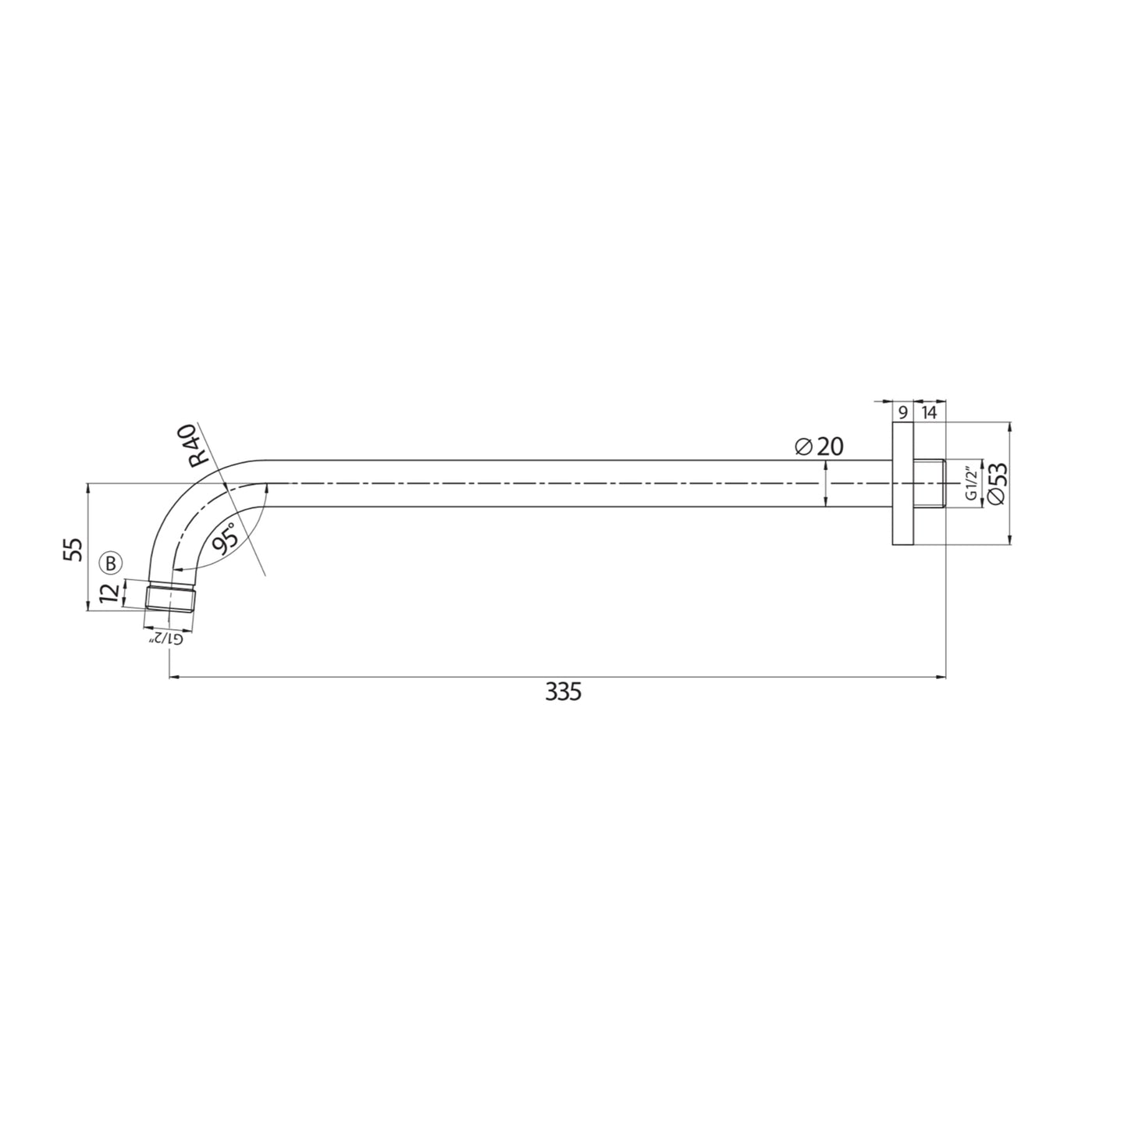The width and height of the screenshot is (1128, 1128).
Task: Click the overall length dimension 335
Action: coord(563,692)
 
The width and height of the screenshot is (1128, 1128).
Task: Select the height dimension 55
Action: coord(73,549)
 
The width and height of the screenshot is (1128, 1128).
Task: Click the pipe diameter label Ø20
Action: coord(819,447)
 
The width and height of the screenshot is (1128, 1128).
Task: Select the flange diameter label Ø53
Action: coord(997,485)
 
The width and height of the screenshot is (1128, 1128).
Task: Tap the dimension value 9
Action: coord(902,413)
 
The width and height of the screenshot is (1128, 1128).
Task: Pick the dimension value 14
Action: coord(929,413)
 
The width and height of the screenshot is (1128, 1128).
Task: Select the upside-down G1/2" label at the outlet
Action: coord(166,638)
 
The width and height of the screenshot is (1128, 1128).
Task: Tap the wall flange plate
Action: coord(902,484)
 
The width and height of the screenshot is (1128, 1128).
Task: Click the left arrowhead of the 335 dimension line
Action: coord(174,678)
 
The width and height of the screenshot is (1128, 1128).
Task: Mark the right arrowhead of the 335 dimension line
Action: coord(941,678)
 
